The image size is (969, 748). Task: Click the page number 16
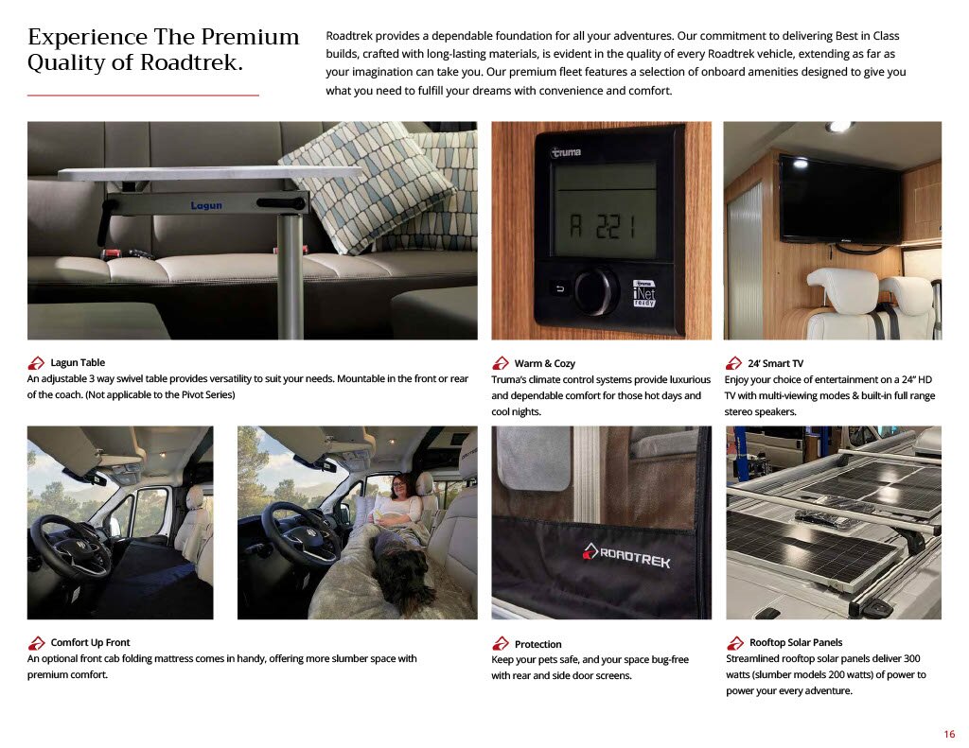tap(949, 734)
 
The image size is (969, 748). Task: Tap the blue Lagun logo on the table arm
tap(205, 205)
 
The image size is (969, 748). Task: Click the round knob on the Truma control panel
tap(596, 290)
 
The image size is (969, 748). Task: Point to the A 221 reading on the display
tap(602, 227)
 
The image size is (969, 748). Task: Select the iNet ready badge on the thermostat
tap(643, 293)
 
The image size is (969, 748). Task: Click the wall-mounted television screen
tap(840, 200)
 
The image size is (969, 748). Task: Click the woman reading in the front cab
tap(396, 503)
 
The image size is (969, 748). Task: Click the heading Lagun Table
tap(78, 362)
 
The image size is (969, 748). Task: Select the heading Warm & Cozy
tap(544, 363)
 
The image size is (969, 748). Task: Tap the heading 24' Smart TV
tap(776, 363)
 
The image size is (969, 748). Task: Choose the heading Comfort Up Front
tap(90, 642)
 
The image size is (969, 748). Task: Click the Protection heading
tap(537, 644)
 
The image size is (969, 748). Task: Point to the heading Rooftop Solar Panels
tap(796, 642)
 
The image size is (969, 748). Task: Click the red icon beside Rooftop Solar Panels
tap(734, 643)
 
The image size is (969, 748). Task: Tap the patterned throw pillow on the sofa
tap(370, 185)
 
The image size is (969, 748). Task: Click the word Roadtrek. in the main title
tap(191, 62)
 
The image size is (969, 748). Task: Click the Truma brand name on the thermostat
tap(566, 152)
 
